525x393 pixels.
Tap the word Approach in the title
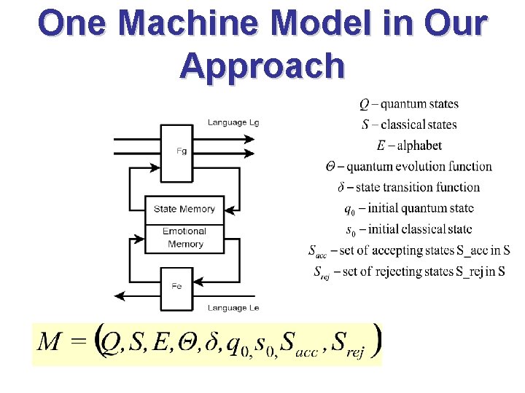262,65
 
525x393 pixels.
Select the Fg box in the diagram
182,152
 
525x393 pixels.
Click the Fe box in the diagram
176,286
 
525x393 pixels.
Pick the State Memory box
184,209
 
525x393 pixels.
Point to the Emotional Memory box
184,238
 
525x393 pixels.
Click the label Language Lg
233,123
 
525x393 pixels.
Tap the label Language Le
233,308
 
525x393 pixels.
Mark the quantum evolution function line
408,167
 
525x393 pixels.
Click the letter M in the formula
49,341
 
